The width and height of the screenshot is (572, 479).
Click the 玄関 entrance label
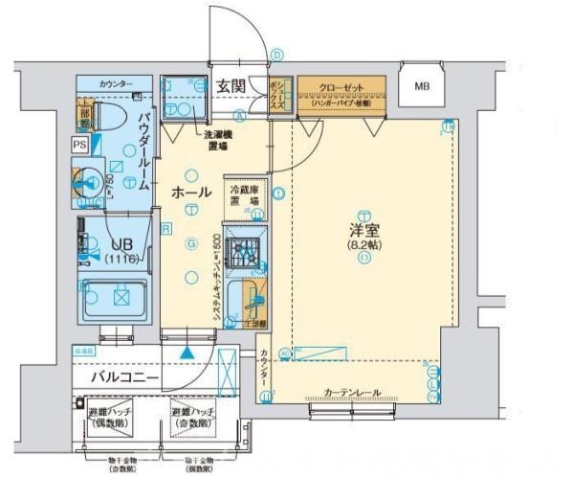231,85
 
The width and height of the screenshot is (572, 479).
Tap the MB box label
421,87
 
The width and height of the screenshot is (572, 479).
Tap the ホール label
190,193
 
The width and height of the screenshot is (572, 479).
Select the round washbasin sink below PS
91,182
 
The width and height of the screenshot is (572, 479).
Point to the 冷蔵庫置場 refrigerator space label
243,194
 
